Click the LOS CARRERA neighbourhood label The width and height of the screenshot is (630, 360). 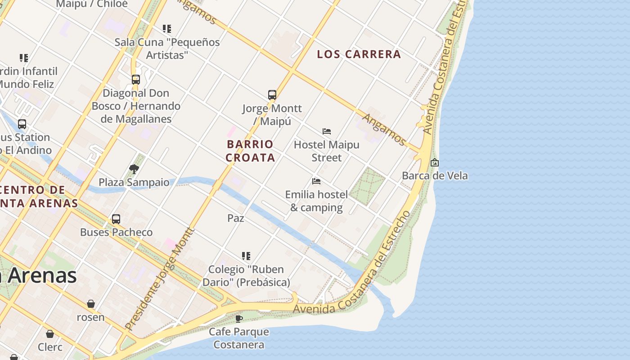click(359, 54)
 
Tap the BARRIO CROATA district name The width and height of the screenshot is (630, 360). click(250, 151)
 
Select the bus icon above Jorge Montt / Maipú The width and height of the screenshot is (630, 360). click(272, 95)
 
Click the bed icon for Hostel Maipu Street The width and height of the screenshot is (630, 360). click(327, 131)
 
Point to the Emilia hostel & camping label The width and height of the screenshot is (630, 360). click(316, 201)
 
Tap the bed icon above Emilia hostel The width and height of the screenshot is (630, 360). click(316, 181)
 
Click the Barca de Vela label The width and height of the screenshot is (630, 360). click(435, 176)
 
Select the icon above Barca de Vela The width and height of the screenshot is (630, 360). click(435, 162)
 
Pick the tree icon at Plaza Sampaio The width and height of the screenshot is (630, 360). click(134, 169)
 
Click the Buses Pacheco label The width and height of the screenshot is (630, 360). click(116, 232)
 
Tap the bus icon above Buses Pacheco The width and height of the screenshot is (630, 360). click(116, 219)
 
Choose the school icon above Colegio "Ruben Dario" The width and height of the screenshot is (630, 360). click(246, 256)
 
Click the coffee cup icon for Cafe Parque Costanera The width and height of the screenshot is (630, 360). click(239, 319)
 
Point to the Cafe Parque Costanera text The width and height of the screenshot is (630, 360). click(239, 338)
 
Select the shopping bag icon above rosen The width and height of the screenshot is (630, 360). click(91, 304)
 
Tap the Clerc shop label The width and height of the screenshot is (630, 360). click(50, 347)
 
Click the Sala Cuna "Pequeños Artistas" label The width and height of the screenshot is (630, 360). click(167, 49)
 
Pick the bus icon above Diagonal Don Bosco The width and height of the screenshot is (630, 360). click(136, 80)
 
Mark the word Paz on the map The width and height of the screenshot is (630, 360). click(236, 218)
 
